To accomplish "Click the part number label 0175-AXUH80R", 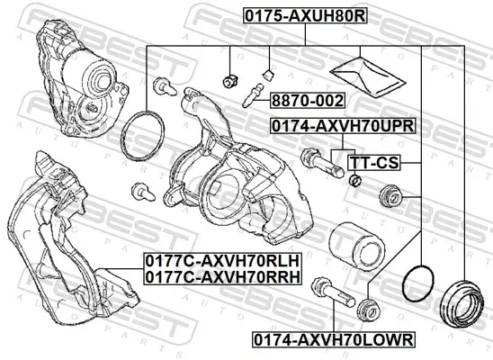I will (x=304, y=15).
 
